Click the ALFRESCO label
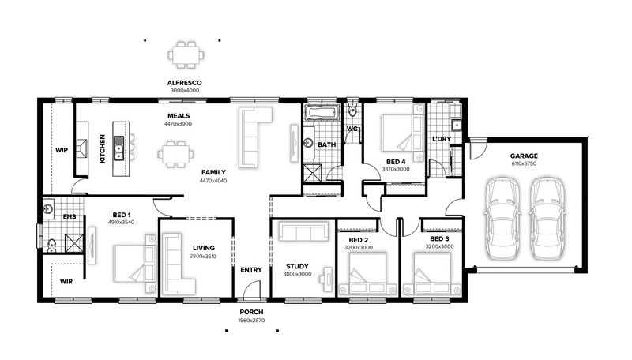coord(185,83)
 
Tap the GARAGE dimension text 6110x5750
coord(524,164)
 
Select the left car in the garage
coord(502,219)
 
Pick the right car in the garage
coord(547,219)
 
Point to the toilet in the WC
coord(352,110)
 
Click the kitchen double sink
coord(118,148)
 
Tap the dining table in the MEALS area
coord(175,154)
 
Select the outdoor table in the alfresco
coord(186,54)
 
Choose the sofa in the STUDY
coord(303,231)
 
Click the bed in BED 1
coord(134,264)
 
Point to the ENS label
coord(70,216)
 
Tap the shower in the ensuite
coord(74,243)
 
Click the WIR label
coord(66,282)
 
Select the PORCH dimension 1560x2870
coord(251,321)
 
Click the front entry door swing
coord(251,288)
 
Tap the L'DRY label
coord(442,139)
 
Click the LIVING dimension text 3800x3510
coord(203,256)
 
